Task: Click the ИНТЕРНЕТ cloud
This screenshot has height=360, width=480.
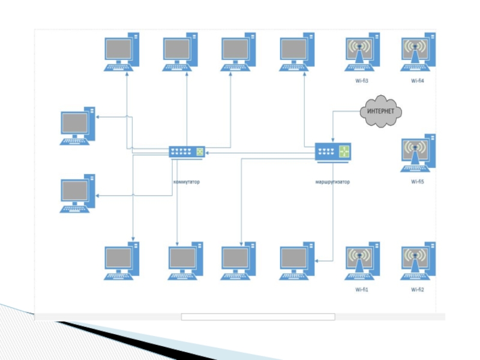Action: tap(380, 111)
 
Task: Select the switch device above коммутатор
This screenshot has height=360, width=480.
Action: tap(187, 152)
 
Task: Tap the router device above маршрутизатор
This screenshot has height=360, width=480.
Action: tap(333, 152)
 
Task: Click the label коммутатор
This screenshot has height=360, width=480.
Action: tap(187, 182)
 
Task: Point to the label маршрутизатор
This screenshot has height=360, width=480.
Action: tap(332, 182)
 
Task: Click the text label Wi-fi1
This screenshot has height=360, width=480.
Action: tap(361, 290)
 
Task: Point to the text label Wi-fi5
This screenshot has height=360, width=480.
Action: tap(418, 181)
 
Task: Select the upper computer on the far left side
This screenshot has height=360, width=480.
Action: tap(77, 126)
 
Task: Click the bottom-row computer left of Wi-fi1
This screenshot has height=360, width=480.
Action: tap(297, 261)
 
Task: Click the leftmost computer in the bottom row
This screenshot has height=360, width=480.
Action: tap(122, 261)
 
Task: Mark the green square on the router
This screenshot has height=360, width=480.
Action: tap(344, 151)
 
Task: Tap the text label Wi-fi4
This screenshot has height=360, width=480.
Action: tap(418, 80)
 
